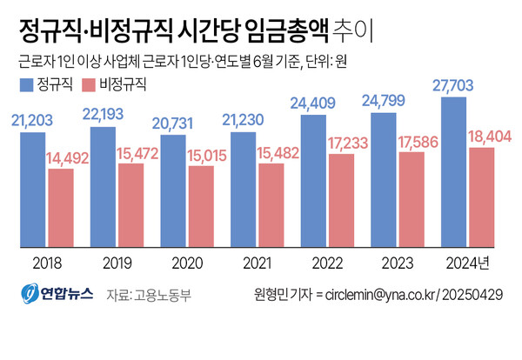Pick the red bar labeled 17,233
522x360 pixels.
[x=342, y=200]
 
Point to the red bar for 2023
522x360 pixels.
[x=412, y=199]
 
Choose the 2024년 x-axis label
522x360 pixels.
[x=471, y=262]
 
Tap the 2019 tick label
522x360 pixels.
[x=116, y=262]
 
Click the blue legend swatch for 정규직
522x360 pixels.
[x=25, y=85]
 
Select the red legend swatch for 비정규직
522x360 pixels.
[x=88, y=85]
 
